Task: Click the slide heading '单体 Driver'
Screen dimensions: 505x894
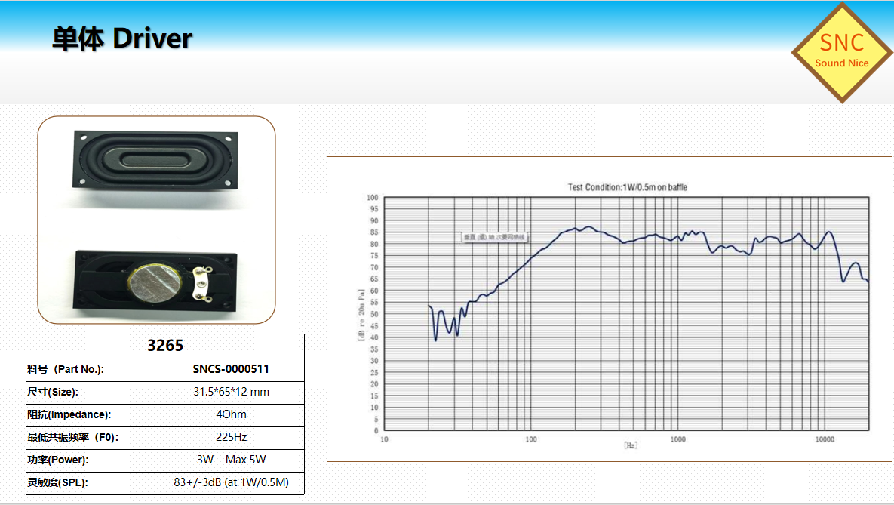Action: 122,38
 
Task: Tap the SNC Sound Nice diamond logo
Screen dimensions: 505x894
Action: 841,52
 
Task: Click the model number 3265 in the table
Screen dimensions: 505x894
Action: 165,346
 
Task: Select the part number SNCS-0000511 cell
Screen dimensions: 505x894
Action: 231,369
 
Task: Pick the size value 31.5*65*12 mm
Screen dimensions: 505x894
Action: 231,392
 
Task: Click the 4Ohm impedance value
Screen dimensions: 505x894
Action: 231,414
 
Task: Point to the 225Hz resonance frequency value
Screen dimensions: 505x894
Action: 231,437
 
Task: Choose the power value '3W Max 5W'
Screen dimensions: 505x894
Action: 231,460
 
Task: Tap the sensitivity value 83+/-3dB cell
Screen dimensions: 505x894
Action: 231,482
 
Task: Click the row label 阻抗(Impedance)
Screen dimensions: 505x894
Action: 69,414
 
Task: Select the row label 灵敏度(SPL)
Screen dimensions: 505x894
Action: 58,482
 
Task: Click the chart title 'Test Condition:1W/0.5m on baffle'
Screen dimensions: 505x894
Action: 627,187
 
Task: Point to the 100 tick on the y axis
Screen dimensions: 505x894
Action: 372,198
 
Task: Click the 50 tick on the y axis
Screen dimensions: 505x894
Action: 373,314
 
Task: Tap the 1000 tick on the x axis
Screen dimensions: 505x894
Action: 677,439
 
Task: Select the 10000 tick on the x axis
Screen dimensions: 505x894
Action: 825,439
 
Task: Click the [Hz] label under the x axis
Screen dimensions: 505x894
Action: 631,445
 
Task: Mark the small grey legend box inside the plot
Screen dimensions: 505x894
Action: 495,237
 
